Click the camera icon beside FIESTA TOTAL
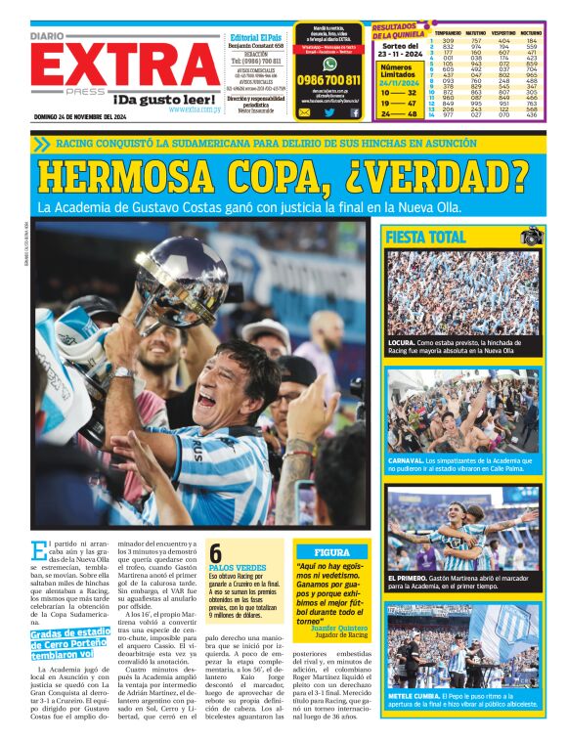[531, 237]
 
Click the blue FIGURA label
[332, 551]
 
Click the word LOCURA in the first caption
[403, 343]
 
